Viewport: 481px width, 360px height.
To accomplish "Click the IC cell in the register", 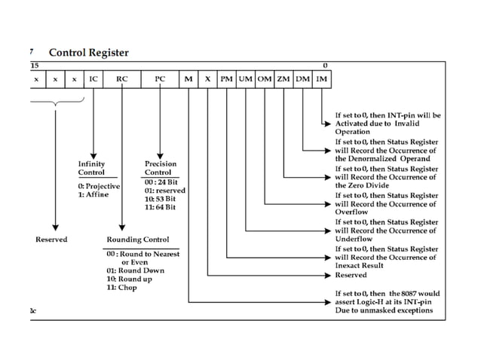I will click(x=93, y=78).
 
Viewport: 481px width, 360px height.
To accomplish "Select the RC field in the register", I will click(x=122, y=78).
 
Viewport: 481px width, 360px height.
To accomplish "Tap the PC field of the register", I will click(x=160, y=78).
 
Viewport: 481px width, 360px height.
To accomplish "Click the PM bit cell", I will click(x=227, y=78).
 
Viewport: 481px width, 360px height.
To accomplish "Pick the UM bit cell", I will click(x=246, y=78).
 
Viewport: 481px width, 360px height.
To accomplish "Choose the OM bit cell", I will click(x=265, y=78).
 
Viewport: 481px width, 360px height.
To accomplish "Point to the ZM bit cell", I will click(x=283, y=78).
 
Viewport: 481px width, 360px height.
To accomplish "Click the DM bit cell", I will click(x=302, y=78).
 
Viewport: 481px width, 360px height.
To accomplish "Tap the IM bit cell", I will click(x=321, y=78).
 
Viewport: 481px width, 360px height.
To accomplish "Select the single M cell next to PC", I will click(x=188, y=78).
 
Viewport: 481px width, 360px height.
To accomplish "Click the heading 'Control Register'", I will click(x=88, y=53).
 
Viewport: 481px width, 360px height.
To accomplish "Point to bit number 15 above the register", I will click(x=35, y=66).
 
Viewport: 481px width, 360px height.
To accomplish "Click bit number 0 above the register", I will click(x=325, y=66).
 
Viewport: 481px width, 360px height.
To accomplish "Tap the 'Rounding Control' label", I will click(x=138, y=239).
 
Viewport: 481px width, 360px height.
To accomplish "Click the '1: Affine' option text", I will click(x=93, y=194).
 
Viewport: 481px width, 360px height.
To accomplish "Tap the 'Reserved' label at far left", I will click(x=51, y=239).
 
